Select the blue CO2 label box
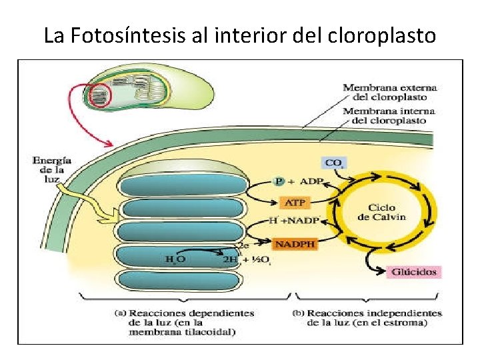[333, 163]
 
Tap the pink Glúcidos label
[415, 271]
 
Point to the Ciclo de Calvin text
[381, 212]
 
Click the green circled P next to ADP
[279, 181]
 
